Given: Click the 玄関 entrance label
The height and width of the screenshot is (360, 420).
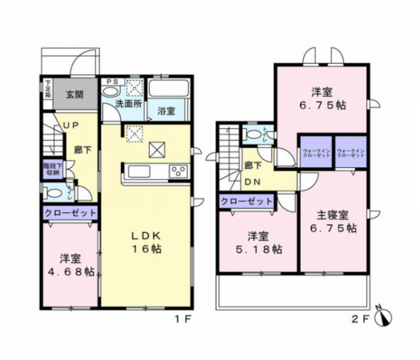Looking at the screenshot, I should (74, 94).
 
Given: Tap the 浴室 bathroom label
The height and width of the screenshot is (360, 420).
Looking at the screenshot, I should (166, 110).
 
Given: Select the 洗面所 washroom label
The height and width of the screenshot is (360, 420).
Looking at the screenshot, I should (127, 103).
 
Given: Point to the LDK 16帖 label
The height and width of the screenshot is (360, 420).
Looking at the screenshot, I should (147, 242).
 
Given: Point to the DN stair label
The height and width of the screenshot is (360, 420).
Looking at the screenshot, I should (250, 181).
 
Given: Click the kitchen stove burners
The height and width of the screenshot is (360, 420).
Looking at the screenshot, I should (177, 170).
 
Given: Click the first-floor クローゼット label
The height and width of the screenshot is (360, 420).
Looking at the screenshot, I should (70, 214).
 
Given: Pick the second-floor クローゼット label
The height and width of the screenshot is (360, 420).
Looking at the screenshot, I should (245, 202).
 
